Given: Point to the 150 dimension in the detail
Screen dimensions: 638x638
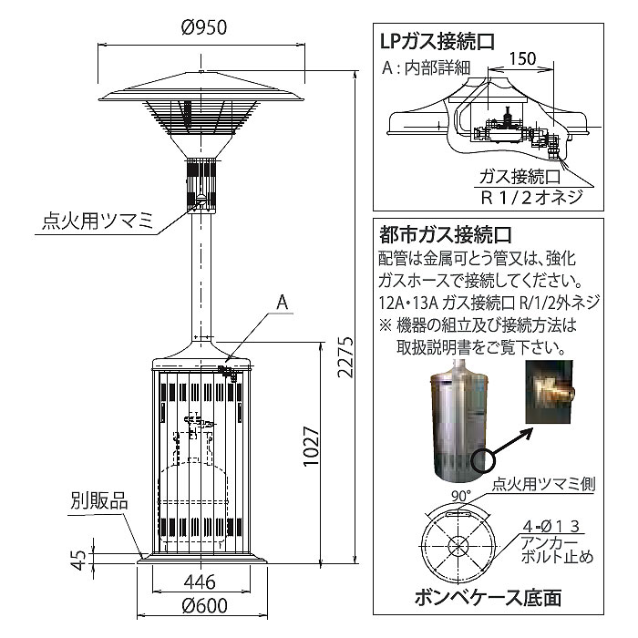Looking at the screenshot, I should point(523,58).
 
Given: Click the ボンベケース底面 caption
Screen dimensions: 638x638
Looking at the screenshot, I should point(488,599).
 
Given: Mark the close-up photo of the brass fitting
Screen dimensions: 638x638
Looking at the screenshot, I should point(552,388).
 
